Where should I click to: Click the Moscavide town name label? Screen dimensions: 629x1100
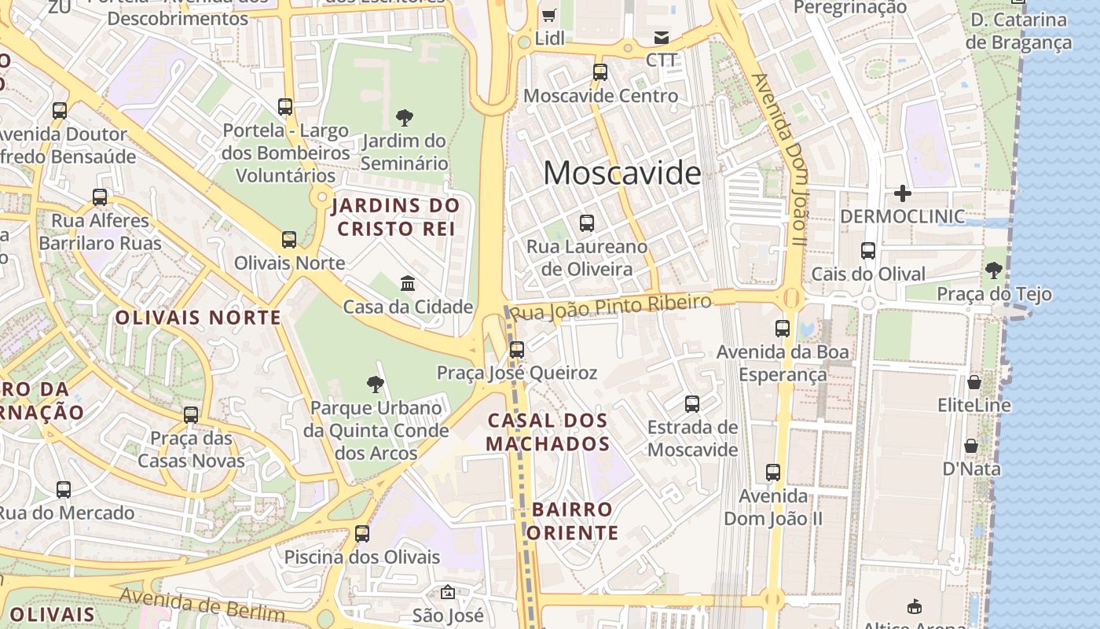(x=621, y=173)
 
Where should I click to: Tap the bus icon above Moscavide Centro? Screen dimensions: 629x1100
(x=600, y=72)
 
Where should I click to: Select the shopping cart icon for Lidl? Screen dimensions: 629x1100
(x=549, y=15)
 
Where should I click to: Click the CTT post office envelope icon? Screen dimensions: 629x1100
(x=661, y=38)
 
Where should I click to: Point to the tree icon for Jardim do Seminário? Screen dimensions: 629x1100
(x=405, y=118)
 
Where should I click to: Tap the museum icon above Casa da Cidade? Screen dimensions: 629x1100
(x=408, y=283)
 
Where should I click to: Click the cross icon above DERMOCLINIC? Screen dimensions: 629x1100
(x=903, y=193)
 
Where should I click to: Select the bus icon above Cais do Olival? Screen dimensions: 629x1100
(x=868, y=251)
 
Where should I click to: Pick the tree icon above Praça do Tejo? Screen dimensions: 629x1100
(x=993, y=270)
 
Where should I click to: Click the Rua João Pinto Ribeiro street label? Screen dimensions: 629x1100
(x=610, y=307)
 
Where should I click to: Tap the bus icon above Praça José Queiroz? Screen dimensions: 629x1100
(x=517, y=350)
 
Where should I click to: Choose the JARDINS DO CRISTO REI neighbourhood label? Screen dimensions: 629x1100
(x=395, y=218)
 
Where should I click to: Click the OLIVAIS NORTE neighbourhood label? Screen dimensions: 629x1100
(x=198, y=318)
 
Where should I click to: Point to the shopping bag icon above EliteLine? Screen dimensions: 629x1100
(x=974, y=382)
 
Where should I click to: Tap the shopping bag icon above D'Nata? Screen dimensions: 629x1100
(x=971, y=446)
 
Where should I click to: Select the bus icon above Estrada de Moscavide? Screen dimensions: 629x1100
(x=692, y=404)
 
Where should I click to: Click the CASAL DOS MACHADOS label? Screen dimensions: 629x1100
(x=548, y=432)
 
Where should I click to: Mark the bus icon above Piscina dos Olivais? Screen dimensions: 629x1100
(x=362, y=534)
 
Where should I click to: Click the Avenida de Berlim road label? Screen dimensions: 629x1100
(x=202, y=605)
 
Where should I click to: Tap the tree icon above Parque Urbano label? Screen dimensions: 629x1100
(x=376, y=384)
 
